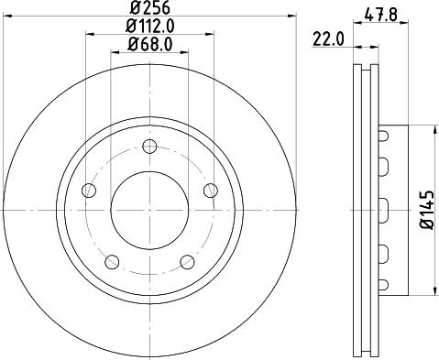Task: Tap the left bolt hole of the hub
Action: pyautogui.click(x=89, y=190)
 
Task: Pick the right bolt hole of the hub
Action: pyautogui.click(x=211, y=190)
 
